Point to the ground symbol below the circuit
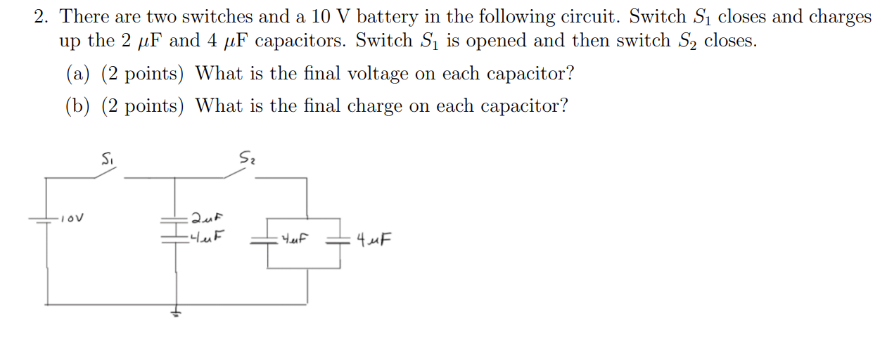pyautogui.click(x=176, y=314)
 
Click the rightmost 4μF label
pyautogui.click(x=374, y=241)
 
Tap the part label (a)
pyautogui.click(x=78, y=73)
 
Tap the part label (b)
pyautogui.click(x=78, y=106)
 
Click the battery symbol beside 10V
pyautogui.click(x=46, y=219)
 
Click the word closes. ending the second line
pyautogui.click(x=730, y=41)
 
